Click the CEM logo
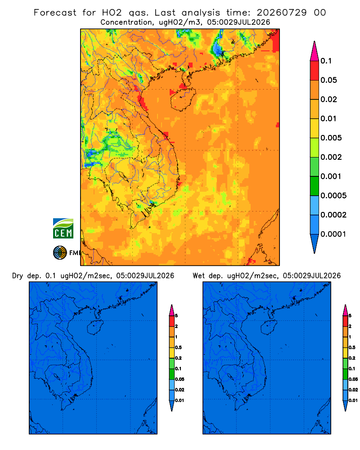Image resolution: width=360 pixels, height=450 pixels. (63, 228)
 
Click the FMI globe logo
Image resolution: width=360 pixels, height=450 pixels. (60, 252)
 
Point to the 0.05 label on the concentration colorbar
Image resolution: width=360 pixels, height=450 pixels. (328, 80)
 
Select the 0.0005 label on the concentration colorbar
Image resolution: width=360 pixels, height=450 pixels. (333, 196)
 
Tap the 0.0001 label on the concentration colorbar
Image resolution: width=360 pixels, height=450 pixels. (333, 234)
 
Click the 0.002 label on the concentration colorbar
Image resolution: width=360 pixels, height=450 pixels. (331, 157)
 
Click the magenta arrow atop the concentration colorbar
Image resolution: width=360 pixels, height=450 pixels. (315, 51)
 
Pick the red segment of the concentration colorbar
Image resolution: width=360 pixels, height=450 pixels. (315, 70)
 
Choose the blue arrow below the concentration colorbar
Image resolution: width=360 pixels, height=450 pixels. (315, 243)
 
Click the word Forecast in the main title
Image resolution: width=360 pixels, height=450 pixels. (55, 13)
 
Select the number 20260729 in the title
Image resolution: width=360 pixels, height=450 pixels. (282, 13)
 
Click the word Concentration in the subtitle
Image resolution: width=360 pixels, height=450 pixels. (126, 22)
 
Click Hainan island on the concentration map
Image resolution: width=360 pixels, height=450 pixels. (183, 99)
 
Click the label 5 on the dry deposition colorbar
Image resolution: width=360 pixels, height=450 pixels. (176, 316)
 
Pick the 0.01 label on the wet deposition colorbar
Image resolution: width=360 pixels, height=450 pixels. (353, 400)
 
